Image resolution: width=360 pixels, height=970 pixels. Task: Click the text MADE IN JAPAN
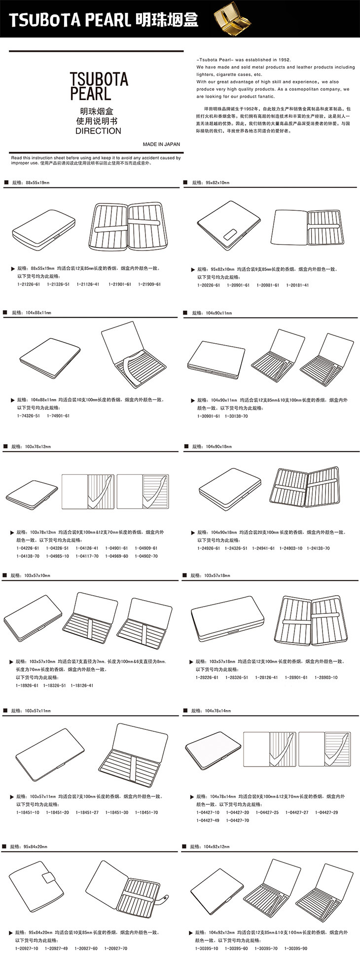[x=161, y=144]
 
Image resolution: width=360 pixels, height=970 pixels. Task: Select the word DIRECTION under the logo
[x=98, y=131]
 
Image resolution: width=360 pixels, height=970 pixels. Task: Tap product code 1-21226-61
[x=29, y=285]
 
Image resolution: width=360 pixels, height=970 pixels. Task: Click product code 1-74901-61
[x=58, y=416]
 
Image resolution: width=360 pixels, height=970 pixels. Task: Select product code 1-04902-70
[x=146, y=556]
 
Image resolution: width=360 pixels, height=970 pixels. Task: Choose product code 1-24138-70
[x=318, y=548]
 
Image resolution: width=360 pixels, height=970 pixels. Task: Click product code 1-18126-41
[x=82, y=685]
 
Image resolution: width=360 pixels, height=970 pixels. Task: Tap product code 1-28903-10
[x=326, y=678]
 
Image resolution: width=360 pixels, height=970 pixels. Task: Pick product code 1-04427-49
[x=208, y=821]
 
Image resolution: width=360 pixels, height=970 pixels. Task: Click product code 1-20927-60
[x=86, y=948]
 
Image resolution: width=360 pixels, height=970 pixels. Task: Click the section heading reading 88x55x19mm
[x=37, y=183]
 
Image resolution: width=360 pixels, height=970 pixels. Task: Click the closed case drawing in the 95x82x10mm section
[x=228, y=226]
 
